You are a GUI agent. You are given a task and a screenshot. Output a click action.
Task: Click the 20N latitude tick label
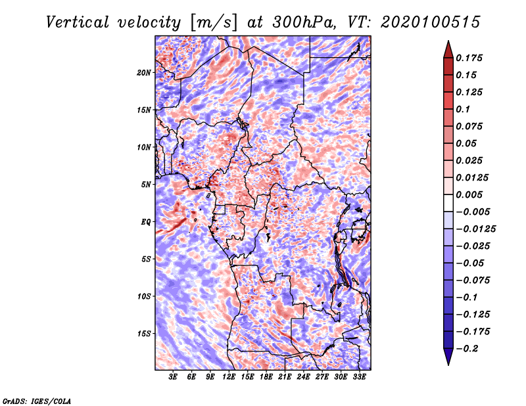click(143, 73)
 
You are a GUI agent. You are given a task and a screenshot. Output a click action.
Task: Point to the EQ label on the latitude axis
click(145, 222)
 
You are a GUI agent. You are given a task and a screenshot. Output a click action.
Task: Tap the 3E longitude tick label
click(173, 377)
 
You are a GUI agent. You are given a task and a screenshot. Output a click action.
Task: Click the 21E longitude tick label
click(285, 377)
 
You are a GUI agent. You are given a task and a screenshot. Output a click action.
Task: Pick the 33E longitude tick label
click(359, 377)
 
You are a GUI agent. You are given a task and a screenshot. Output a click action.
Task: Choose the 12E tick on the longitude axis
click(229, 377)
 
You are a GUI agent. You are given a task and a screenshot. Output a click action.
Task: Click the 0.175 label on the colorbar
click(469, 58)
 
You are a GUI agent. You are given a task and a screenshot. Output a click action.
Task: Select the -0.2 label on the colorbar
click(467, 349)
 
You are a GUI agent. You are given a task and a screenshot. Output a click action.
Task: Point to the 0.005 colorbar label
click(469, 194)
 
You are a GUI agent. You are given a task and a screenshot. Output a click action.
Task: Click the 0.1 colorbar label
click(463, 109)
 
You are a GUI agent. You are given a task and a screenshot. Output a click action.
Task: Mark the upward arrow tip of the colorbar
click(448, 41)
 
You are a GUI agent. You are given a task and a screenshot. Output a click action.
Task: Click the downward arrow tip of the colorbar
click(448, 365)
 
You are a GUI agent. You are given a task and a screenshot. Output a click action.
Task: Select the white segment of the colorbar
click(448, 203)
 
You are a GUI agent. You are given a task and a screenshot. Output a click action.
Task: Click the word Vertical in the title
click(78, 22)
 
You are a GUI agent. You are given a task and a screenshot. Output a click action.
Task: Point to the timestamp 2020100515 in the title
click(431, 22)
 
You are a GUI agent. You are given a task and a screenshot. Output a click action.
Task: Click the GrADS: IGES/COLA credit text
click(37, 401)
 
